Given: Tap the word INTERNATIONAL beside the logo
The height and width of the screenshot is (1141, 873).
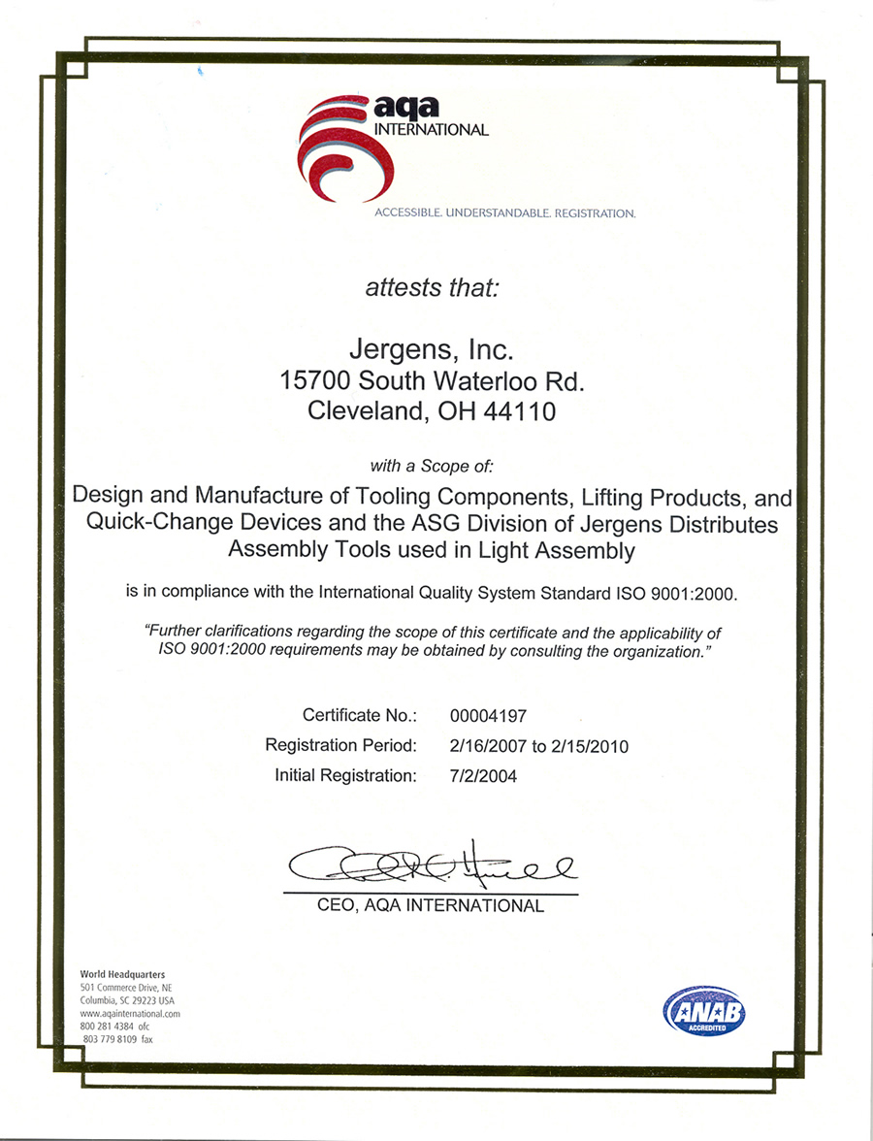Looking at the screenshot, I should tap(432, 129).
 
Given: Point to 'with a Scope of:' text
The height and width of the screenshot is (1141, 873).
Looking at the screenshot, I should tap(432, 465).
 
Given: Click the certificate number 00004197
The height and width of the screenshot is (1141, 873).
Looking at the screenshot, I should tap(489, 716).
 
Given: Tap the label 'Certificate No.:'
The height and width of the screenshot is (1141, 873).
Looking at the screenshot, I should tap(360, 716).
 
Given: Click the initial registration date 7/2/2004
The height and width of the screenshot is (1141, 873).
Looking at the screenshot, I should tap(484, 776).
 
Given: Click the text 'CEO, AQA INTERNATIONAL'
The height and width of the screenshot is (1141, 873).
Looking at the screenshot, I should tap(431, 906).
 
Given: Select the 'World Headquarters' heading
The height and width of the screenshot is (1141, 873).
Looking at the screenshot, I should tap(123, 974).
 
